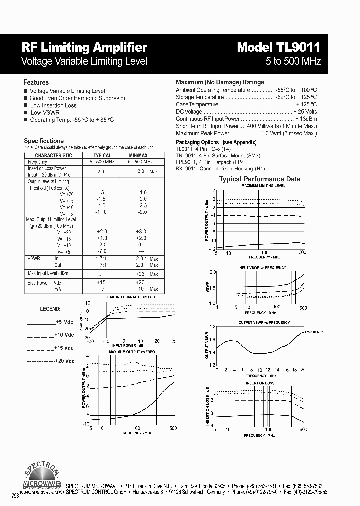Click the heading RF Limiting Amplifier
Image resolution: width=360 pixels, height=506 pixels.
tap(84, 48)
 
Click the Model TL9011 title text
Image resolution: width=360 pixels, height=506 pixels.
tap(279, 48)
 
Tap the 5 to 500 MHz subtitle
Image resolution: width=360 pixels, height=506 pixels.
tap(293, 61)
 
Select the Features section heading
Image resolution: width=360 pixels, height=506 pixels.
tap(36, 82)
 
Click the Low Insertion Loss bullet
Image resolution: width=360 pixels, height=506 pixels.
tap(53, 105)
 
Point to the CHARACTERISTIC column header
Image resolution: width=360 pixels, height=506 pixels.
tap(54, 155)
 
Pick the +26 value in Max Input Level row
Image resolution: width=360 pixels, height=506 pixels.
tap(140, 273)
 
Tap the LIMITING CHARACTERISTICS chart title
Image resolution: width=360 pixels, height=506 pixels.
tap(131, 297)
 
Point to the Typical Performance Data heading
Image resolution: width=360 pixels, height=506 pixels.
tap(260, 179)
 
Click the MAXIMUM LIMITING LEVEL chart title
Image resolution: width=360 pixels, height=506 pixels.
tap(263, 185)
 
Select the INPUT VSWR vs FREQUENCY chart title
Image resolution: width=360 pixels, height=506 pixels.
tap(262, 268)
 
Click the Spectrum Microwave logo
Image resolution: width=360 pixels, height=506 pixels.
tap(43, 475)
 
